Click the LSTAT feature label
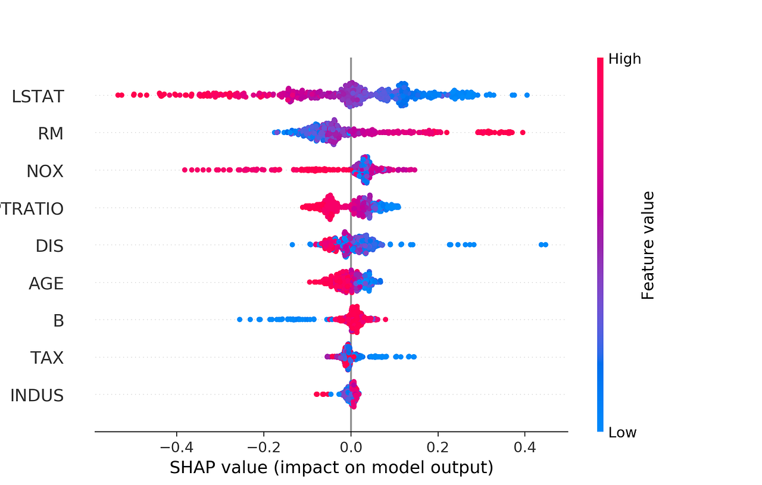click(x=38, y=96)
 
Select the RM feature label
click(x=50, y=134)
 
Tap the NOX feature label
click(x=45, y=171)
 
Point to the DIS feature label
click(x=49, y=246)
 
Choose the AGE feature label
click(x=46, y=283)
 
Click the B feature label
click(x=58, y=321)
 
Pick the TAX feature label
click(x=47, y=358)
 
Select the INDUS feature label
click(x=37, y=395)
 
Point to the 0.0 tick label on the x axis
click(x=351, y=446)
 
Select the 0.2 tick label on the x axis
click(x=438, y=446)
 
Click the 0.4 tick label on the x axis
click(x=524, y=446)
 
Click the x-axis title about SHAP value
click(x=332, y=468)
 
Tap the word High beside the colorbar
click(x=624, y=59)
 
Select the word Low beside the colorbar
click(x=622, y=433)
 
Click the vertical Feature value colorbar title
click(x=648, y=245)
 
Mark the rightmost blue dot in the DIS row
click(x=545, y=245)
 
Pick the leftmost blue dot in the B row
click(x=240, y=320)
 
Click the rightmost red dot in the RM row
click(x=522, y=132)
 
